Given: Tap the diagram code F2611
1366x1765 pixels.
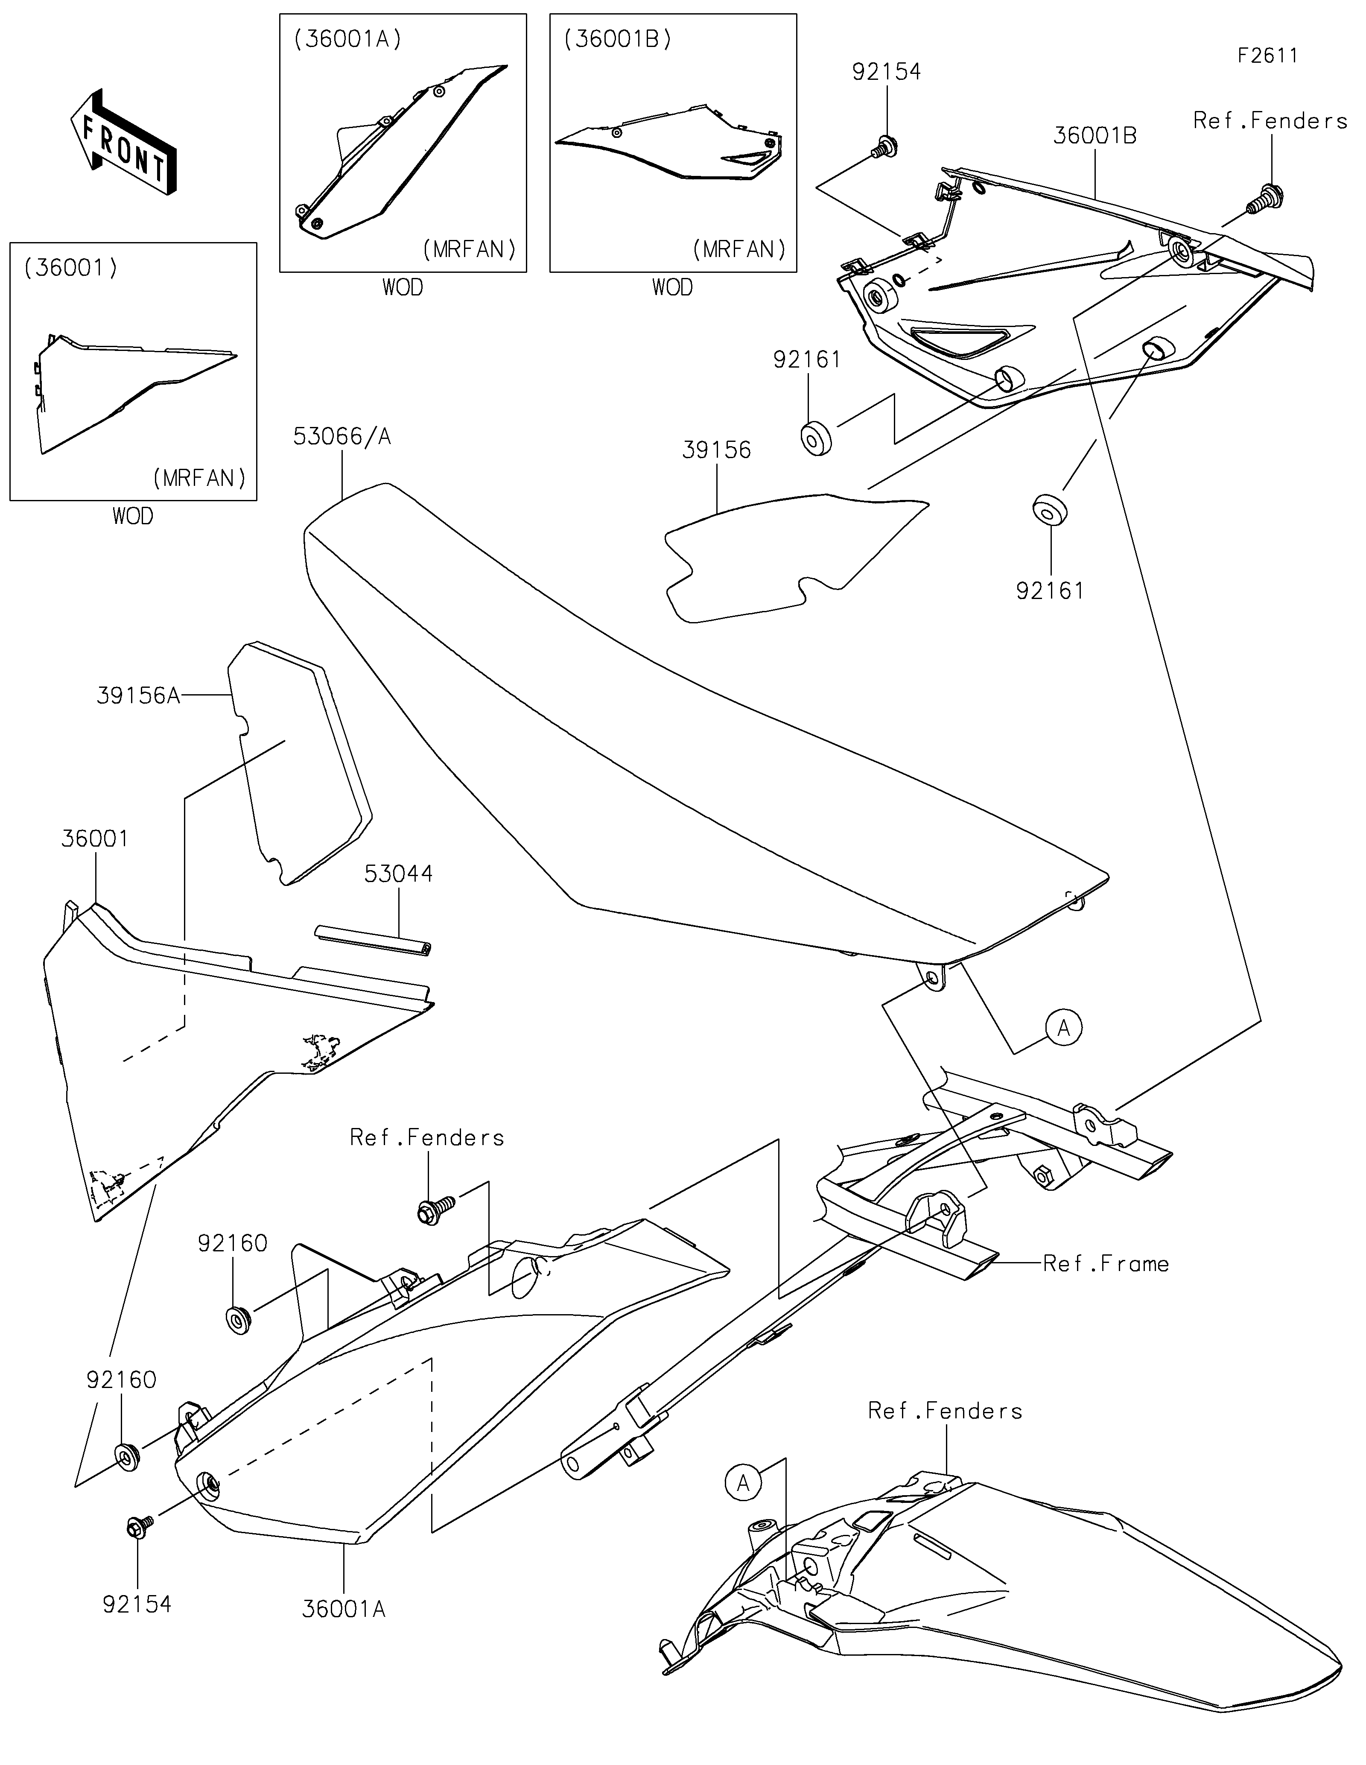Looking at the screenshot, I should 1267,56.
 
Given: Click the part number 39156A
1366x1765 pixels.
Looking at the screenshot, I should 138,696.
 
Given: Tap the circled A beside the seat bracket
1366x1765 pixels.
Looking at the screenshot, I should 1063,1028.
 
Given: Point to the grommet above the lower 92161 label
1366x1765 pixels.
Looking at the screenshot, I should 1049,511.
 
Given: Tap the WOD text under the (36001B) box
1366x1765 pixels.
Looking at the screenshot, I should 672,288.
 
